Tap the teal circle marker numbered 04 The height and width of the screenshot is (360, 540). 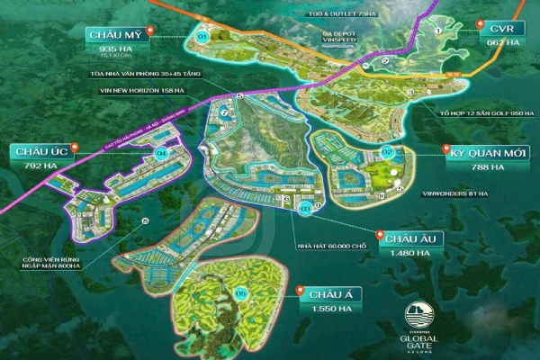162,153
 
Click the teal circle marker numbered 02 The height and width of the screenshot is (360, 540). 388,151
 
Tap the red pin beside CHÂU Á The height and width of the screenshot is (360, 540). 299,290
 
